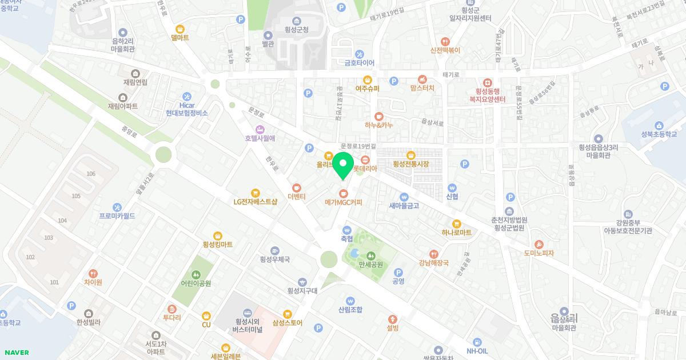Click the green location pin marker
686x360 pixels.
click(x=343, y=166)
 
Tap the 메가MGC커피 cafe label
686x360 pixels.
click(x=343, y=202)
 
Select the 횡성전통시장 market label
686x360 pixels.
click(x=410, y=164)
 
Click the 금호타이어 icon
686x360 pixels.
click(x=358, y=51)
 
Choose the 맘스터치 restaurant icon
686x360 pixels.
click(x=422, y=78)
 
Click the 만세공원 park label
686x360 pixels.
click(x=370, y=265)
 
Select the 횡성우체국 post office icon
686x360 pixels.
click(x=275, y=250)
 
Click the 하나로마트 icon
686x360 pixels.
click(x=456, y=223)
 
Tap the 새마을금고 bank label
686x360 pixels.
click(x=404, y=206)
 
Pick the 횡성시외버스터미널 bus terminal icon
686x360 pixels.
click(x=247, y=312)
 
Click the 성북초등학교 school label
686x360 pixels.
click(x=659, y=135)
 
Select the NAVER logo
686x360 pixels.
click(x=15, y=353)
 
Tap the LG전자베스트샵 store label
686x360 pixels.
click(x=256, y=202)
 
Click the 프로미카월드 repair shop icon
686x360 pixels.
click(x=117, y=207)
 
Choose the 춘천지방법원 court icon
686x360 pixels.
click(x=509, y=211)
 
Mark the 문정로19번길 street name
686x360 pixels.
click(x=358, y=146)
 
